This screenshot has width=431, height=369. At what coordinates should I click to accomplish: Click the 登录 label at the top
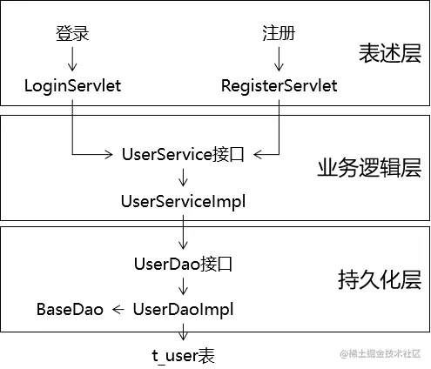pos(72,34)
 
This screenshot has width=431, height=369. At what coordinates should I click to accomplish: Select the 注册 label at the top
pos(279,34)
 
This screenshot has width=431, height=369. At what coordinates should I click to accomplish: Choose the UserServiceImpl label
pos(183,202)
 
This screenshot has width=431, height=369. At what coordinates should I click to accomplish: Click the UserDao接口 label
pos(183,264)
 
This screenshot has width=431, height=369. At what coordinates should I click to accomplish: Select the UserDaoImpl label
pos(183,309)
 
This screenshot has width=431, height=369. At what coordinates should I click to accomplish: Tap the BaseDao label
pos(70,309)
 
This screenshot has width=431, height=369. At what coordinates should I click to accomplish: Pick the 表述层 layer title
pos(389,55)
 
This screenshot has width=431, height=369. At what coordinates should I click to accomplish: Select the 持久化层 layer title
pos(379,281)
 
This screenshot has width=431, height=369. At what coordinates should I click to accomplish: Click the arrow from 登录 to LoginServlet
pos(72,59)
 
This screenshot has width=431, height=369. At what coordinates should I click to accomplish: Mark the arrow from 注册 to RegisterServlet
pos(279,59)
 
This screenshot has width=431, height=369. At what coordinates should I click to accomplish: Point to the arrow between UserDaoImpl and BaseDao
pos(118,309)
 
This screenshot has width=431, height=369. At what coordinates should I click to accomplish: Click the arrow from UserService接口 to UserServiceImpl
pos(183,178)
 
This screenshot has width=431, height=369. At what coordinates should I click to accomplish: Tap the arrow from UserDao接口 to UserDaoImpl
pos(183,286)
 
